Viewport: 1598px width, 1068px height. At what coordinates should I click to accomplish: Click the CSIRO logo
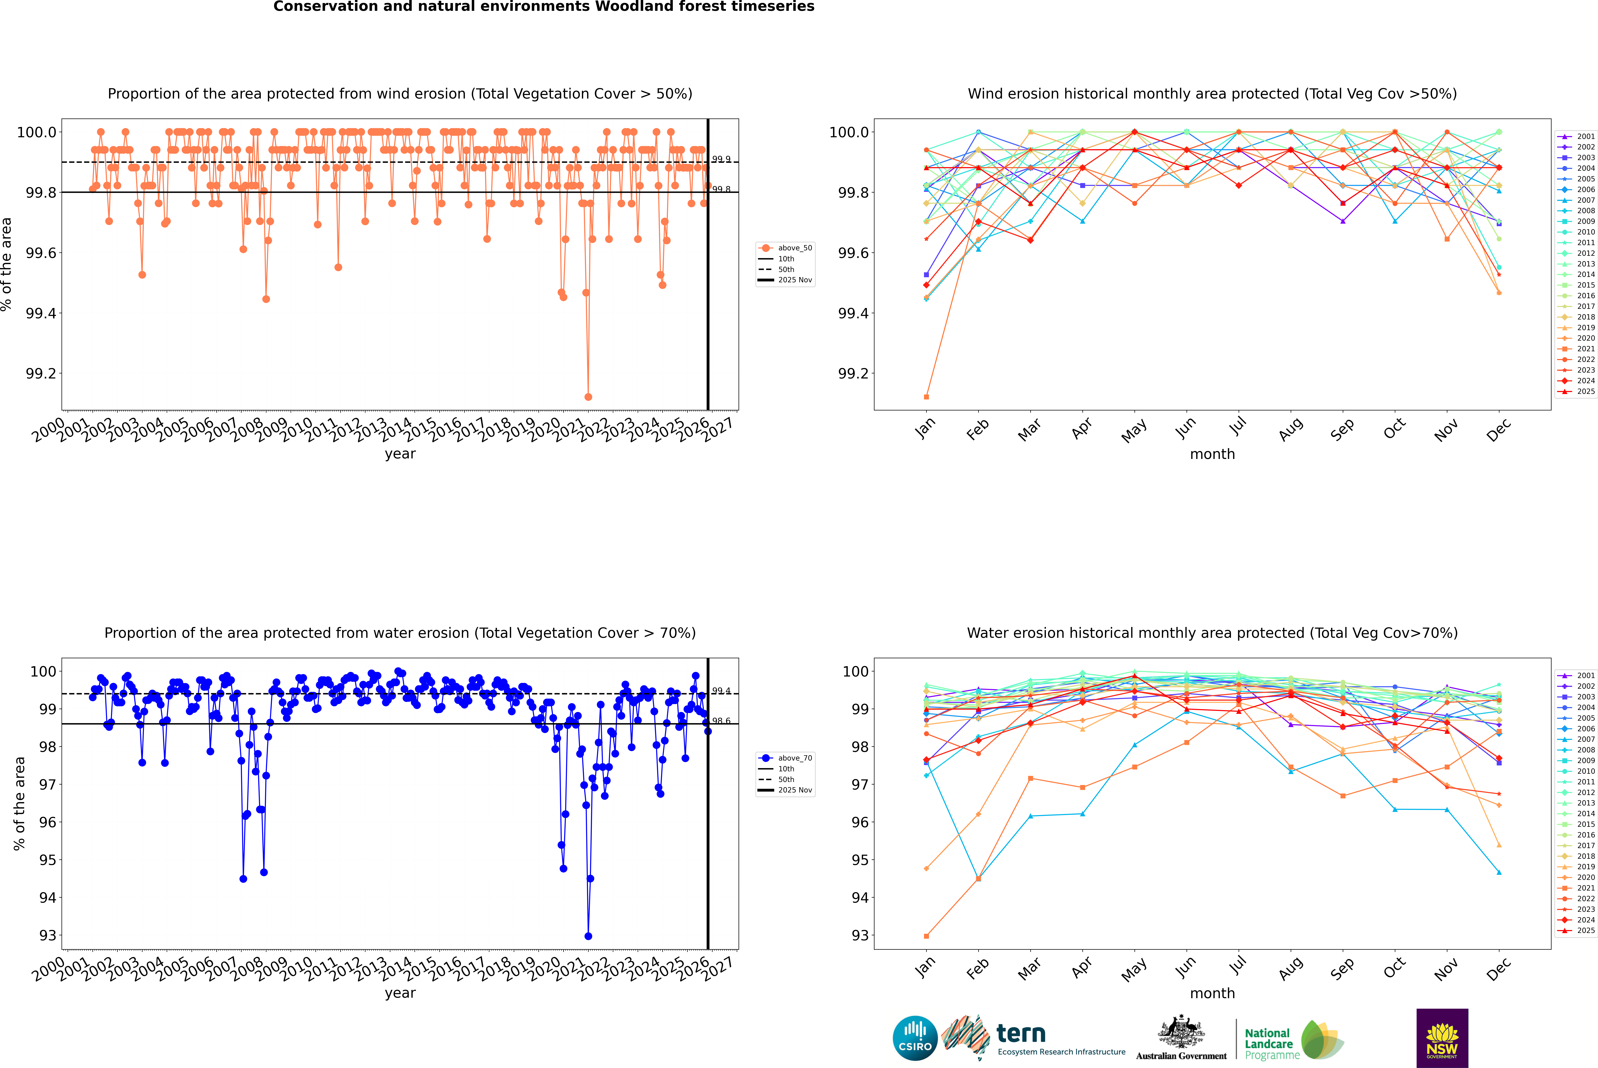915,1038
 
